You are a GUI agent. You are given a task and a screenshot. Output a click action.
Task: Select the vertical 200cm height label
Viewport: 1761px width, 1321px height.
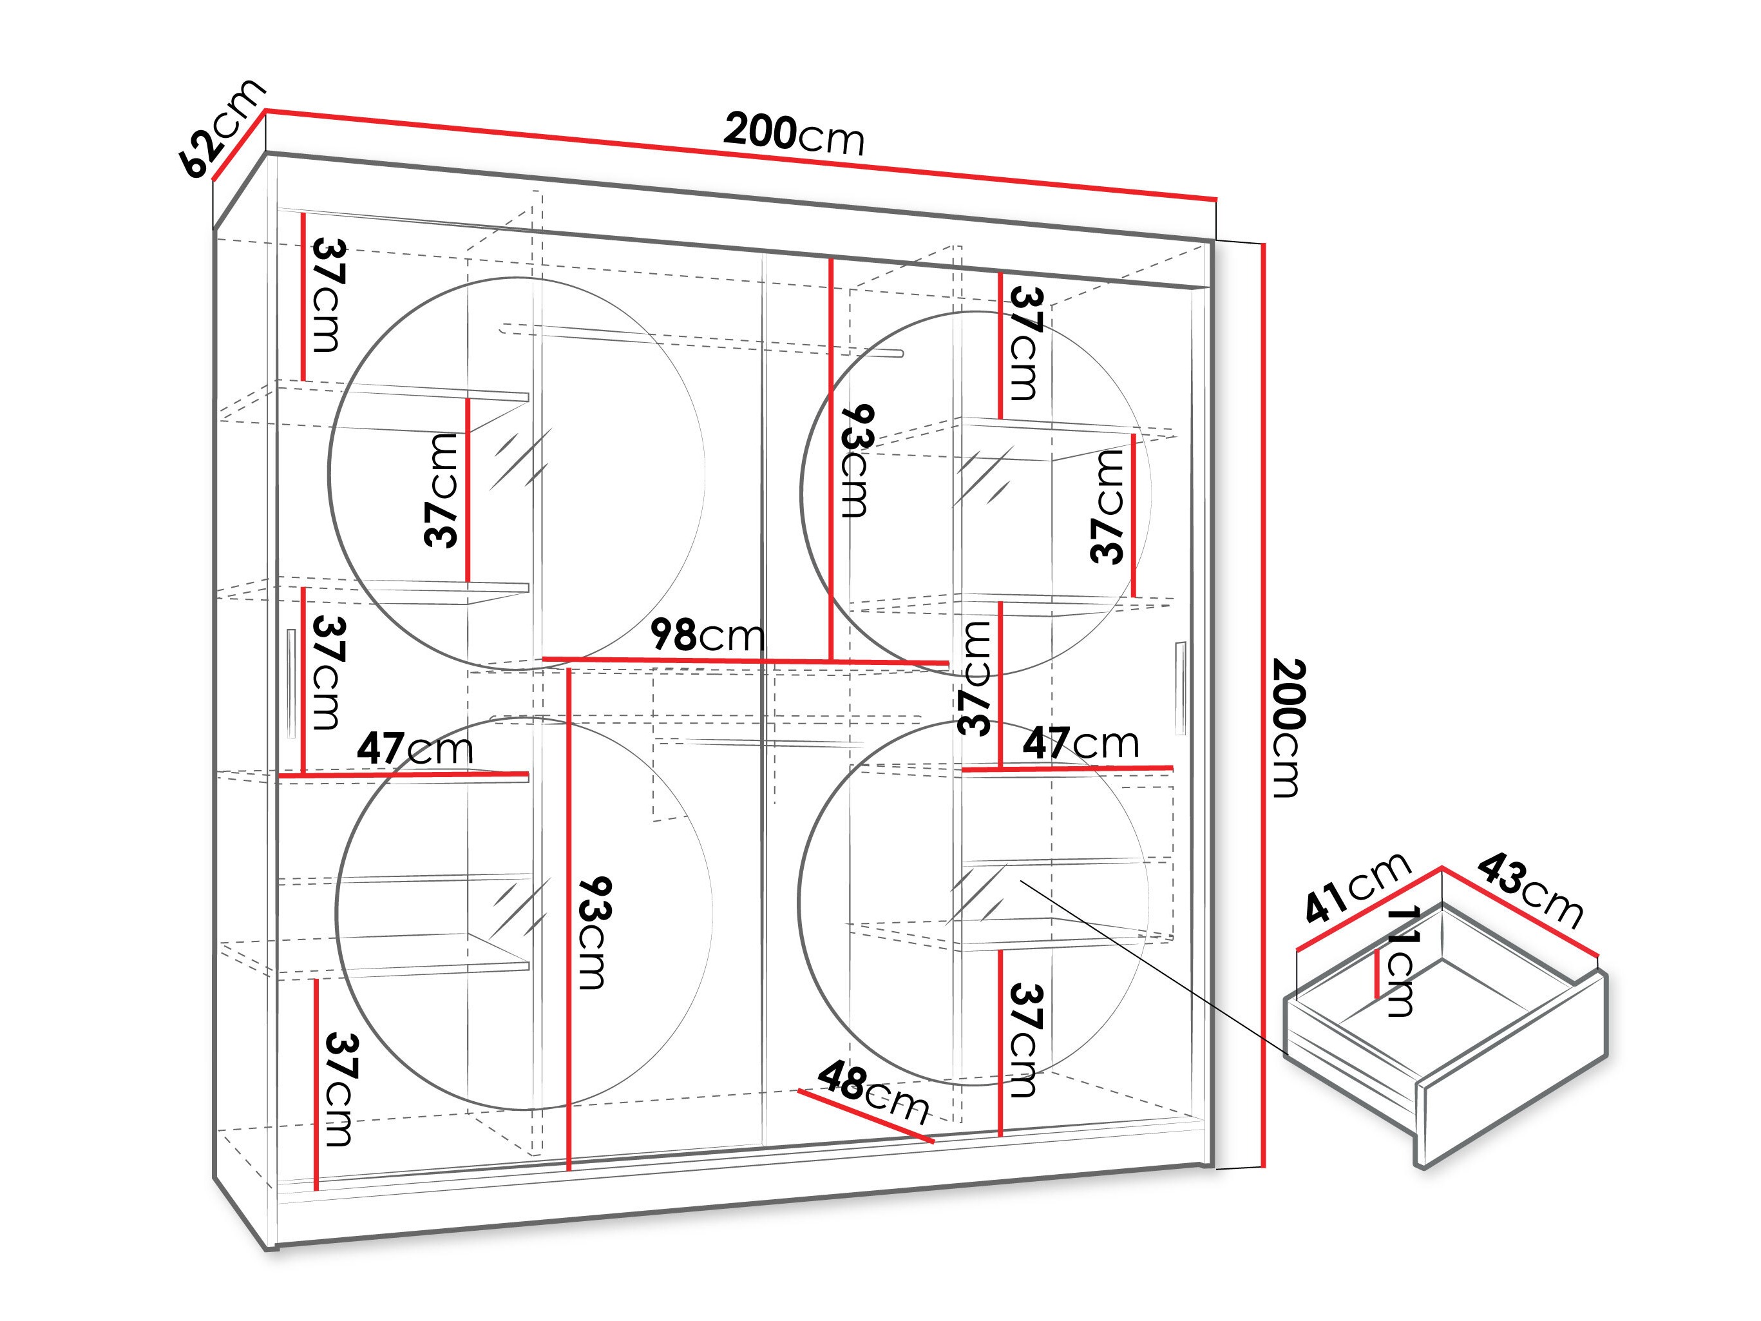pos(1285,729)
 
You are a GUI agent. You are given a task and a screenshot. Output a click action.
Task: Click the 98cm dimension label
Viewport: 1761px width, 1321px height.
pos(708,635)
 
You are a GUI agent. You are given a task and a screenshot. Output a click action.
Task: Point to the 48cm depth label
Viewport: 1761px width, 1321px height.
pos(873,1092)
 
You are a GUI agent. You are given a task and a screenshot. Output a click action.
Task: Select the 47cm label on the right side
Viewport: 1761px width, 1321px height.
pos(1080,743)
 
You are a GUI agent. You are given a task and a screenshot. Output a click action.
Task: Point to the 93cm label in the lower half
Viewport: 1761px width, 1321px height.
pos(594,932)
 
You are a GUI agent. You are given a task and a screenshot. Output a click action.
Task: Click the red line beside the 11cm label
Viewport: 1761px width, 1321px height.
pos(1377,972)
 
